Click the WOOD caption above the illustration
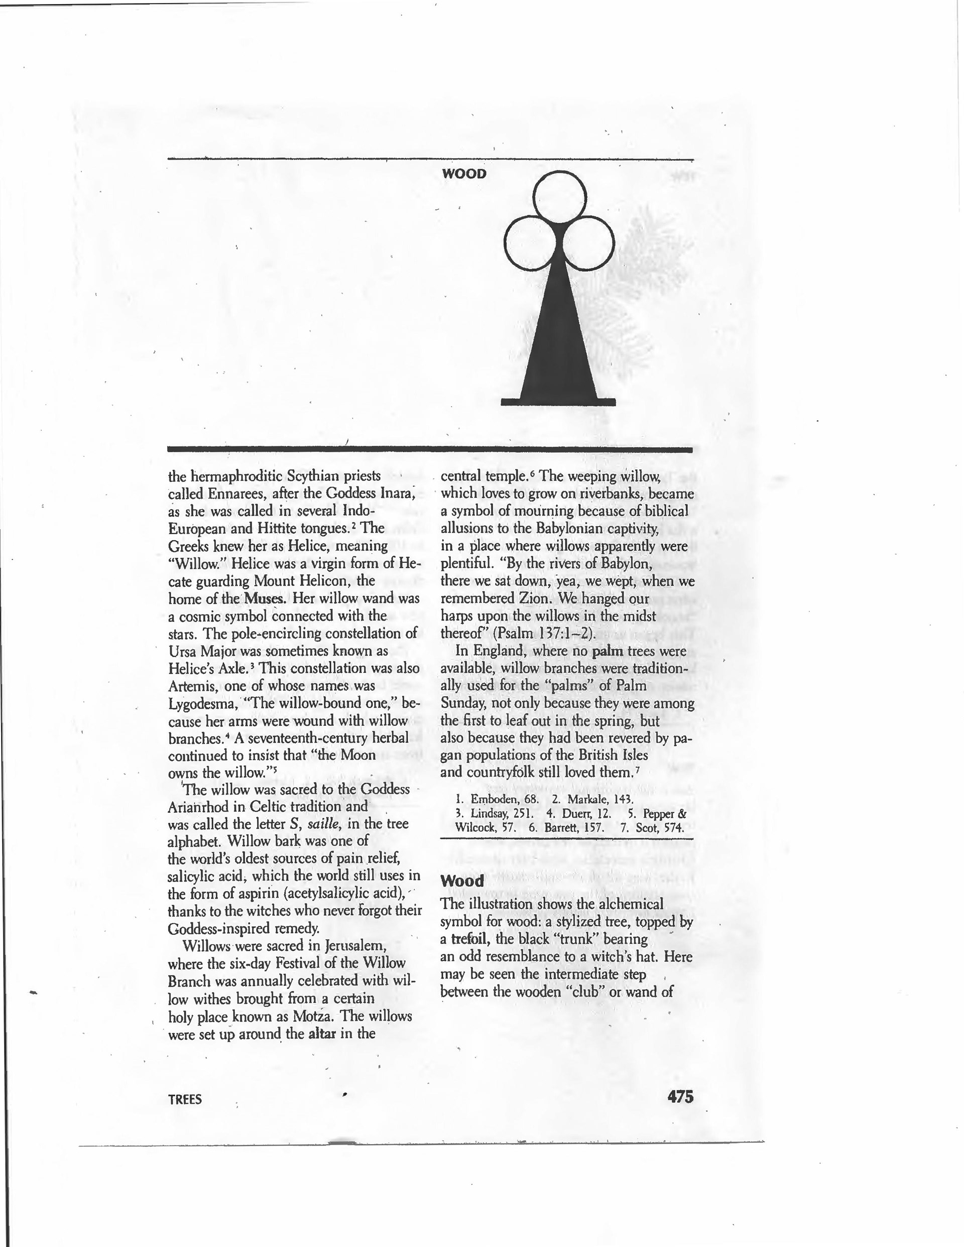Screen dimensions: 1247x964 pyautogui.click(x=464, y=174)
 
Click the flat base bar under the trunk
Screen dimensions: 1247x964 pyautogui.click(x=558, y=402)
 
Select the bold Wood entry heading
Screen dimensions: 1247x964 pyautogui.click(x=462, y=881)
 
